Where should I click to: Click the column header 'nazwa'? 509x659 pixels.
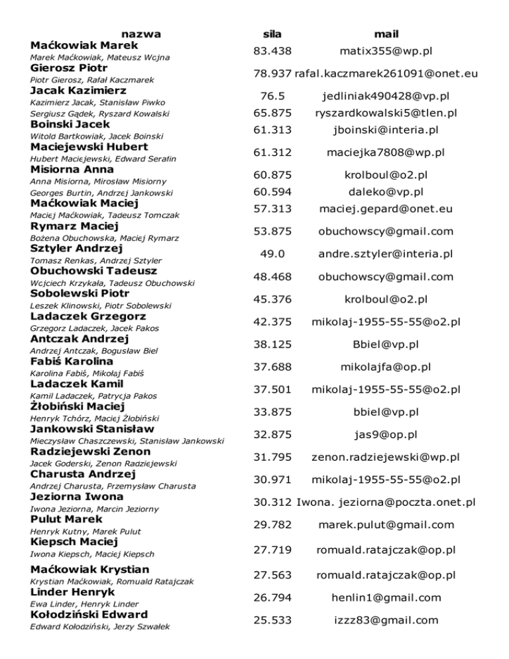pyautogui.click(x=142, y=33)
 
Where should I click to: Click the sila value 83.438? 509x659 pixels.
pyautogui.click(x=272, y=50)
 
